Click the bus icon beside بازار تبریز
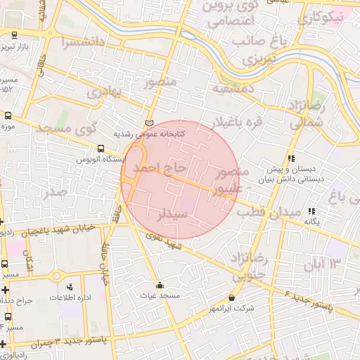15,34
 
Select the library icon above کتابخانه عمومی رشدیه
148,123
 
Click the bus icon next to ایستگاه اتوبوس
101,149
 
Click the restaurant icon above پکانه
311,211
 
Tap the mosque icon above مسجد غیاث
160,285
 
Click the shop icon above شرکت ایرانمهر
232,297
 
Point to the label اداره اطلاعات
70,297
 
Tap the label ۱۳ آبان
322,265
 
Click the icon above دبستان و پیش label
291,159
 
